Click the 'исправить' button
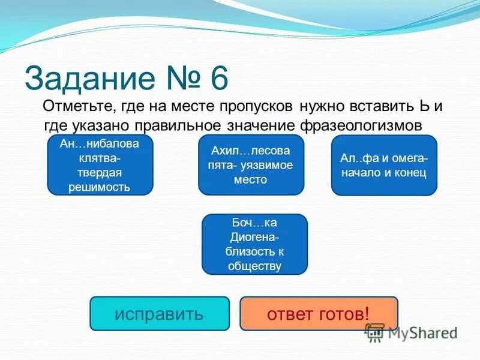160,313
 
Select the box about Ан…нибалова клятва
100,165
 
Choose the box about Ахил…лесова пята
251,165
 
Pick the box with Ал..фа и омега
384,166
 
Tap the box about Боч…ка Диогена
254,244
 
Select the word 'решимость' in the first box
100,188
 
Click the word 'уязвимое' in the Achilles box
269,165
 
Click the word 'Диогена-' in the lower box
255,238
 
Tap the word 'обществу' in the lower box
255,266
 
